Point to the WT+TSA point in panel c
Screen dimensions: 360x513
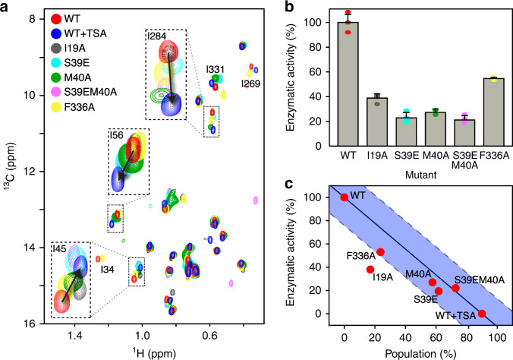[481, 314]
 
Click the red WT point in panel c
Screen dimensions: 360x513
[345, 197]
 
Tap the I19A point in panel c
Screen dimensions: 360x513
[370, 270]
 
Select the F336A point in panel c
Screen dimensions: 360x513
[380, 252]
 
